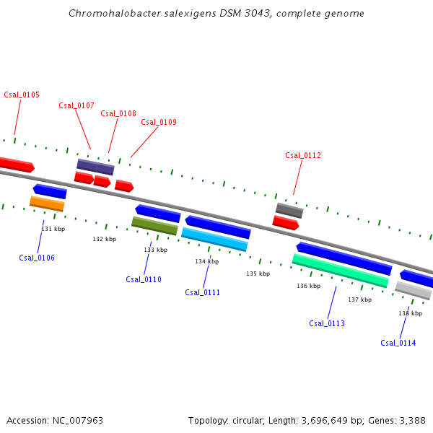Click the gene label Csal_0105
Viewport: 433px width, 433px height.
[x=22, y=95]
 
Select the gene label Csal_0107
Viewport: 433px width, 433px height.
[x=76, y=105]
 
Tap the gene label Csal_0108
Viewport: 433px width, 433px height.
[x=118, y=113]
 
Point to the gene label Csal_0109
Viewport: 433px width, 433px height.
[x=159, y=122]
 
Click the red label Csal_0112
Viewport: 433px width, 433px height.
[x=303, y=155]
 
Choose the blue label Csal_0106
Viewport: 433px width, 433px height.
[x=37, y=258]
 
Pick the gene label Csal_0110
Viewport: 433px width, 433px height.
[x=144, y=279]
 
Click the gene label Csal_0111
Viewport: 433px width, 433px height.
[x=203, y=292]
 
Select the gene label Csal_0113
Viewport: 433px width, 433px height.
[x=327, y=323]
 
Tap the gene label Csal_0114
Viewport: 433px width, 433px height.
[x=398, y=343]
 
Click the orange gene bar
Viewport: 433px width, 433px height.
[x=47, y=204]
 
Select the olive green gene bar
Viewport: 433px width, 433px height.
[x=154, y=226]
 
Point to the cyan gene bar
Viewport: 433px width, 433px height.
[x=214, y=239]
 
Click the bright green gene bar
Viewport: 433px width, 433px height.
[x=340, y=270]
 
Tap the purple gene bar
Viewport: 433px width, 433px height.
[x=95, y=167]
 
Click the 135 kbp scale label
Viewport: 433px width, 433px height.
[x=258, y=274]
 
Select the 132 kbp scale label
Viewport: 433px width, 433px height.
[x=104, y=239]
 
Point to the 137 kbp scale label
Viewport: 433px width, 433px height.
[x=359, y=299]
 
